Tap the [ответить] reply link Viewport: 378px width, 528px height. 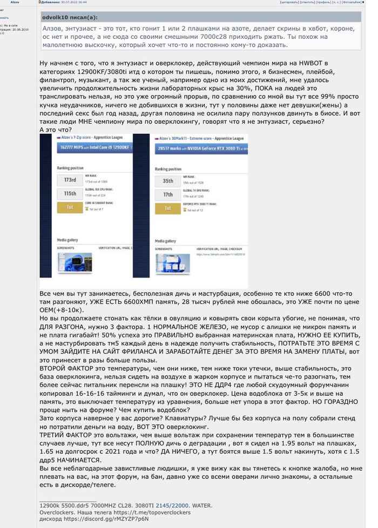tap(308, 3)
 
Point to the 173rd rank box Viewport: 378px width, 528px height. tap(70, 180)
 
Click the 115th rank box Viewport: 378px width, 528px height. tap(70, 193)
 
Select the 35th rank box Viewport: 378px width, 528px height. tap(168, 180)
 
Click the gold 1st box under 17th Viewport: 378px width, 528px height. tap(168, 208)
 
